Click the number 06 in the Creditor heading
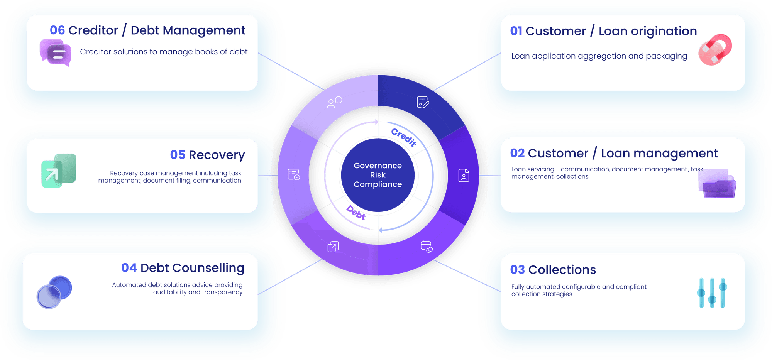tap(57, 30)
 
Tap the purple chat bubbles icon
tap(56, 52)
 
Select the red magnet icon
tap(715, 50)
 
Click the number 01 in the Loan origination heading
tap(516, 31)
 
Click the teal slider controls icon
tap(712, 293)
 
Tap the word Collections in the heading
tap(562, 270)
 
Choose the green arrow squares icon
tap(59, 171)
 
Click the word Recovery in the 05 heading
tap(217, 155)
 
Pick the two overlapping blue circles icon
tap(54, 292)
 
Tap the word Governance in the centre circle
tap(378, 166)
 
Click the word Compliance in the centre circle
tap(378, 184)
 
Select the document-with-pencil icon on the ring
tap(423, 102)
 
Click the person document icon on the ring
tap(464, 175)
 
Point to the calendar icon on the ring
tap(427, 247)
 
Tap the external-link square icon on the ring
tap(333, 247)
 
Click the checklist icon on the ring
tap(294, 175)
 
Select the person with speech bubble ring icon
tap(334, 102)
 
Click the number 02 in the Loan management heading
tap(517, 154)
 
